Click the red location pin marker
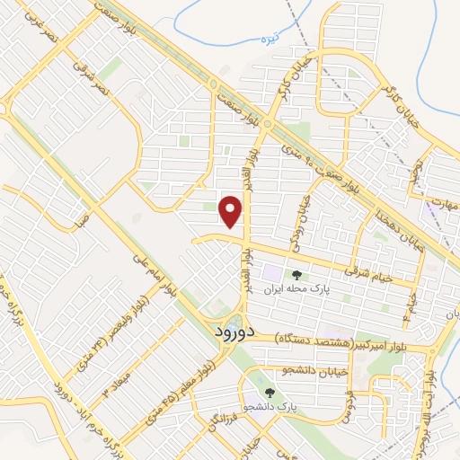tap(232, 211)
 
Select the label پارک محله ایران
tap(296, 291)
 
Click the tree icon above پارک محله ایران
tap(296, 275)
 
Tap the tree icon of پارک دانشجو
tap(269, 393)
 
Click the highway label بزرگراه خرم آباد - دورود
tap(57, 399)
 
